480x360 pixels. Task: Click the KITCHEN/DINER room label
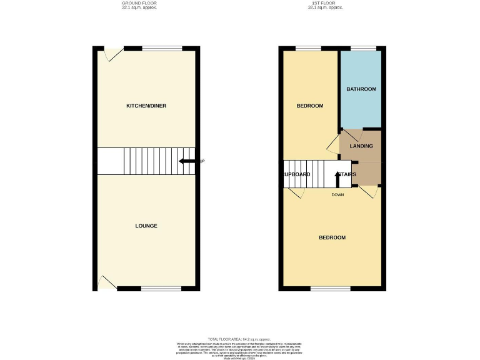pos(146,106)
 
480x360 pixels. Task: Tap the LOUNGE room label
pos(146,226)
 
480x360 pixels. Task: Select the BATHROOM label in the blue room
pos(361,89)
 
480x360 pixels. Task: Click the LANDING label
pos(361,146)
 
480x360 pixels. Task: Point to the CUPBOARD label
pos(297,174)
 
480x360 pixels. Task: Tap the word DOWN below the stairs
pos(337,194)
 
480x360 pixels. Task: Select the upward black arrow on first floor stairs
pos(337,179)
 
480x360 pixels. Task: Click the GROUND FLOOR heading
pos(139,3)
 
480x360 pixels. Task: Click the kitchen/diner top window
pos(162,48)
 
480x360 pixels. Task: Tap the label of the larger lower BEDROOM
pos(332,237)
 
